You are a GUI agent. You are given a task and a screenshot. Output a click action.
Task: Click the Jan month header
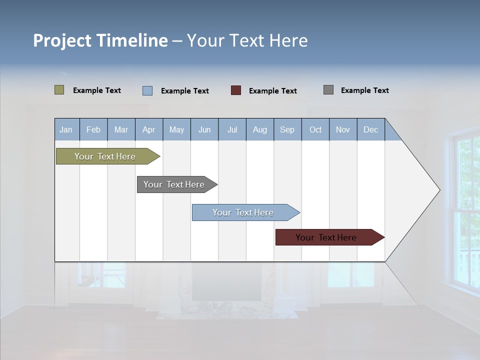click(x=66, y=129)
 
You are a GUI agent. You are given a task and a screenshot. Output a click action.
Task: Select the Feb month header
click(x=93, y=129)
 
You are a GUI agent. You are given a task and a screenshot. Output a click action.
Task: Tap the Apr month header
click(x=148, y=129)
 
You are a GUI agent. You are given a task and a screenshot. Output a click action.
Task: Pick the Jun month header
click(x=204, y=129)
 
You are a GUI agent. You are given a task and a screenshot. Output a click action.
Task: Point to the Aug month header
click(x=259, y=129)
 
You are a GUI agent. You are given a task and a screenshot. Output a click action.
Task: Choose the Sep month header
click(x=287, y=129)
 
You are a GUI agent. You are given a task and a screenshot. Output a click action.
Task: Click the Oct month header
click(x=315, y=129)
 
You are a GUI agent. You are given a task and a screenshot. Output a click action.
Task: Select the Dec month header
click(x=370, y=129)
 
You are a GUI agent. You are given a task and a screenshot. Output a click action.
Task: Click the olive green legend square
click(x=59, y=90)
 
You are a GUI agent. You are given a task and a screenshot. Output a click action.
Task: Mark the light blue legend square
click(x=147, y=90)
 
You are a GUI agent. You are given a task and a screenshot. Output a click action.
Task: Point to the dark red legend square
click(x=236, y=90)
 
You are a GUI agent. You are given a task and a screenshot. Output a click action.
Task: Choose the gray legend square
click(x=328, y=90)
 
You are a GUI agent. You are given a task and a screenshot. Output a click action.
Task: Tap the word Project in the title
click(x=62, y=40)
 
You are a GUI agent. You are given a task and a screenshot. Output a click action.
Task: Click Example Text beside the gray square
click(x=364, y=90)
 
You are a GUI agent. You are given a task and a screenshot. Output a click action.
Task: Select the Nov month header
click(x=342, y=129)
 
